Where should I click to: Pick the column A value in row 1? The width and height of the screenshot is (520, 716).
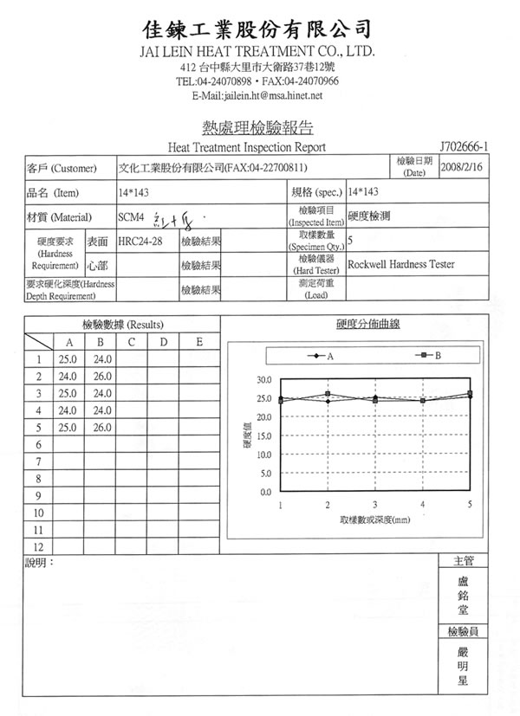68,359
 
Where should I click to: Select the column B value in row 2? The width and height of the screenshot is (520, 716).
103,377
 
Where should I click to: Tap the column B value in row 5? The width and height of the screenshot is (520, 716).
103,428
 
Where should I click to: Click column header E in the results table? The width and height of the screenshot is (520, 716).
198,342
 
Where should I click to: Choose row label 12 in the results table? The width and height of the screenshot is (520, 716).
38,546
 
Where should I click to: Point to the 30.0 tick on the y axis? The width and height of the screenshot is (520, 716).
265,380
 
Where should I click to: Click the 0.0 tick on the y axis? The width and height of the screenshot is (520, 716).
267,492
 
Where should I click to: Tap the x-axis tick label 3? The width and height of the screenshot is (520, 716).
374,504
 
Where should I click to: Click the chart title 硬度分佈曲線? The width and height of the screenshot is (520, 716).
374,325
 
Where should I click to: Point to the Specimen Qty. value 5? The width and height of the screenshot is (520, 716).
349,239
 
